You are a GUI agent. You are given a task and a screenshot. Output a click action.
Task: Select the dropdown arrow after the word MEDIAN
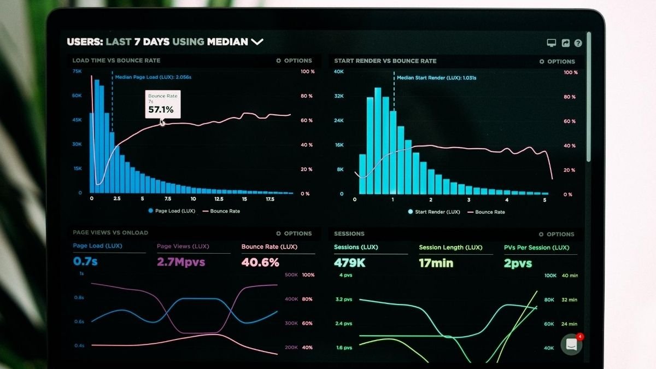[x=257, y=42]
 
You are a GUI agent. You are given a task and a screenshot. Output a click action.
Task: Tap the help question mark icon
[x=578, y=43]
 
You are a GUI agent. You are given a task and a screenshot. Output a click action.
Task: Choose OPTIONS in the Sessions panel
[x=557, y=234]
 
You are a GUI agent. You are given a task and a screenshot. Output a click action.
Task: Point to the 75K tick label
[x=77, y=71]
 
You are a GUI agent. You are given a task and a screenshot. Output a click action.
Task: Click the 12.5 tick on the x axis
[x=219, y=200]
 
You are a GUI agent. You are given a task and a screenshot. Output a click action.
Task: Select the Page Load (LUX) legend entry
[x=171, y=211]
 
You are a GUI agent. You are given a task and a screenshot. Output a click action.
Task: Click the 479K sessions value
[x=350, y=263]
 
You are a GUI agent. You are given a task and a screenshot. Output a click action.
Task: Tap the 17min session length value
[x=436, y=263]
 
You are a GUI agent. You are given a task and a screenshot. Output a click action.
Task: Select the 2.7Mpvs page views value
[x=181, y=262]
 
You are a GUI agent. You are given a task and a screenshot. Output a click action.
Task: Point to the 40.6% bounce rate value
[x=260, y=262]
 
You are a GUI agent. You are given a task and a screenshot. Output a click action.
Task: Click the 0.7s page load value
[x=85, y=261]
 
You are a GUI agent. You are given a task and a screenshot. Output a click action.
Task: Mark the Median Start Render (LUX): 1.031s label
[x=436, y=78]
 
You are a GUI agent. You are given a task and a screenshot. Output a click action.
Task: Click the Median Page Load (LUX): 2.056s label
[x=153, y=77]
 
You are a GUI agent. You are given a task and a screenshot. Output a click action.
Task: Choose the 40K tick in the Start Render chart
[x=339, y=72]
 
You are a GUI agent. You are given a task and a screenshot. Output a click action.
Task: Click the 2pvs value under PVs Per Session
[x=518, y=263]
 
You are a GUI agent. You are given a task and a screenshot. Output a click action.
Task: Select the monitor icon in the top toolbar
[x=551, y=43]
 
